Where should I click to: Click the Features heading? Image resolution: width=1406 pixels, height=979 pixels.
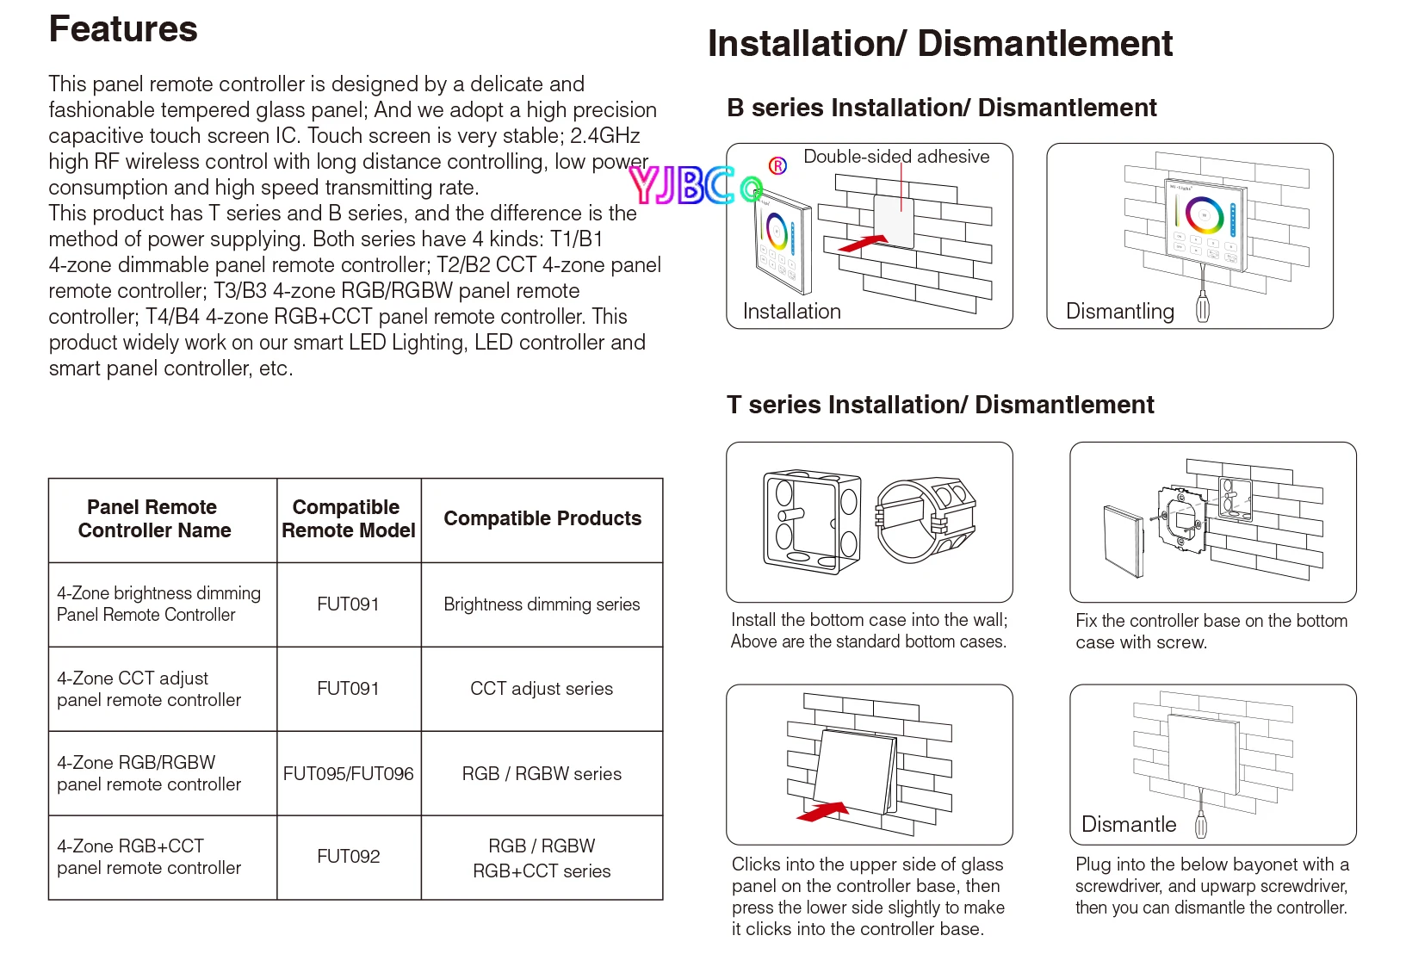pos(123,29)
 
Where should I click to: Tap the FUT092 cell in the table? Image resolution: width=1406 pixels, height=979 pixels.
pos(348,857)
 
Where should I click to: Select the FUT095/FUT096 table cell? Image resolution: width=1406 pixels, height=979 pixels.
pos(348,774)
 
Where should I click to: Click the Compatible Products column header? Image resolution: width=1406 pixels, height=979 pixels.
pos(542,518)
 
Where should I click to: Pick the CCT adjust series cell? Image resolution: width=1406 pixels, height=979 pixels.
pos(542,689)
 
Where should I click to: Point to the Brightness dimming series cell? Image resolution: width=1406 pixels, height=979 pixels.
pos(542,604)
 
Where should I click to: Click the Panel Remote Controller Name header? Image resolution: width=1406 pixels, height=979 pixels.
pos(154,518)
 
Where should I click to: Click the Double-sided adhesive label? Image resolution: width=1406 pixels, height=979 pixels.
pos(895,157)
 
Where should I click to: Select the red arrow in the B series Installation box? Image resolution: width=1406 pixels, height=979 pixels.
pos(863,244)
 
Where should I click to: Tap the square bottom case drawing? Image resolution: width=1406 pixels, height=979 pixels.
pos(811,522)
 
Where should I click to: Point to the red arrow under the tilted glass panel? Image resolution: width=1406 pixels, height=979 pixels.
pos(823,812)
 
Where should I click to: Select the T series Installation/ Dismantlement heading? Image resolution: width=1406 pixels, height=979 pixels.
pos(940,405)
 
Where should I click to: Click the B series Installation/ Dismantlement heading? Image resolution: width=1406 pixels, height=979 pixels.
pos(941,108)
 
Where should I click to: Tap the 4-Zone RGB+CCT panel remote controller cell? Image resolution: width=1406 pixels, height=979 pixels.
pos(149,857)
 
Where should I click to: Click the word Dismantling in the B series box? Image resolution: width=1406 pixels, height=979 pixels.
pos(1119,312)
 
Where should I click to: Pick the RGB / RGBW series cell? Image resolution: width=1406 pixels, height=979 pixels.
pos(542,774)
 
